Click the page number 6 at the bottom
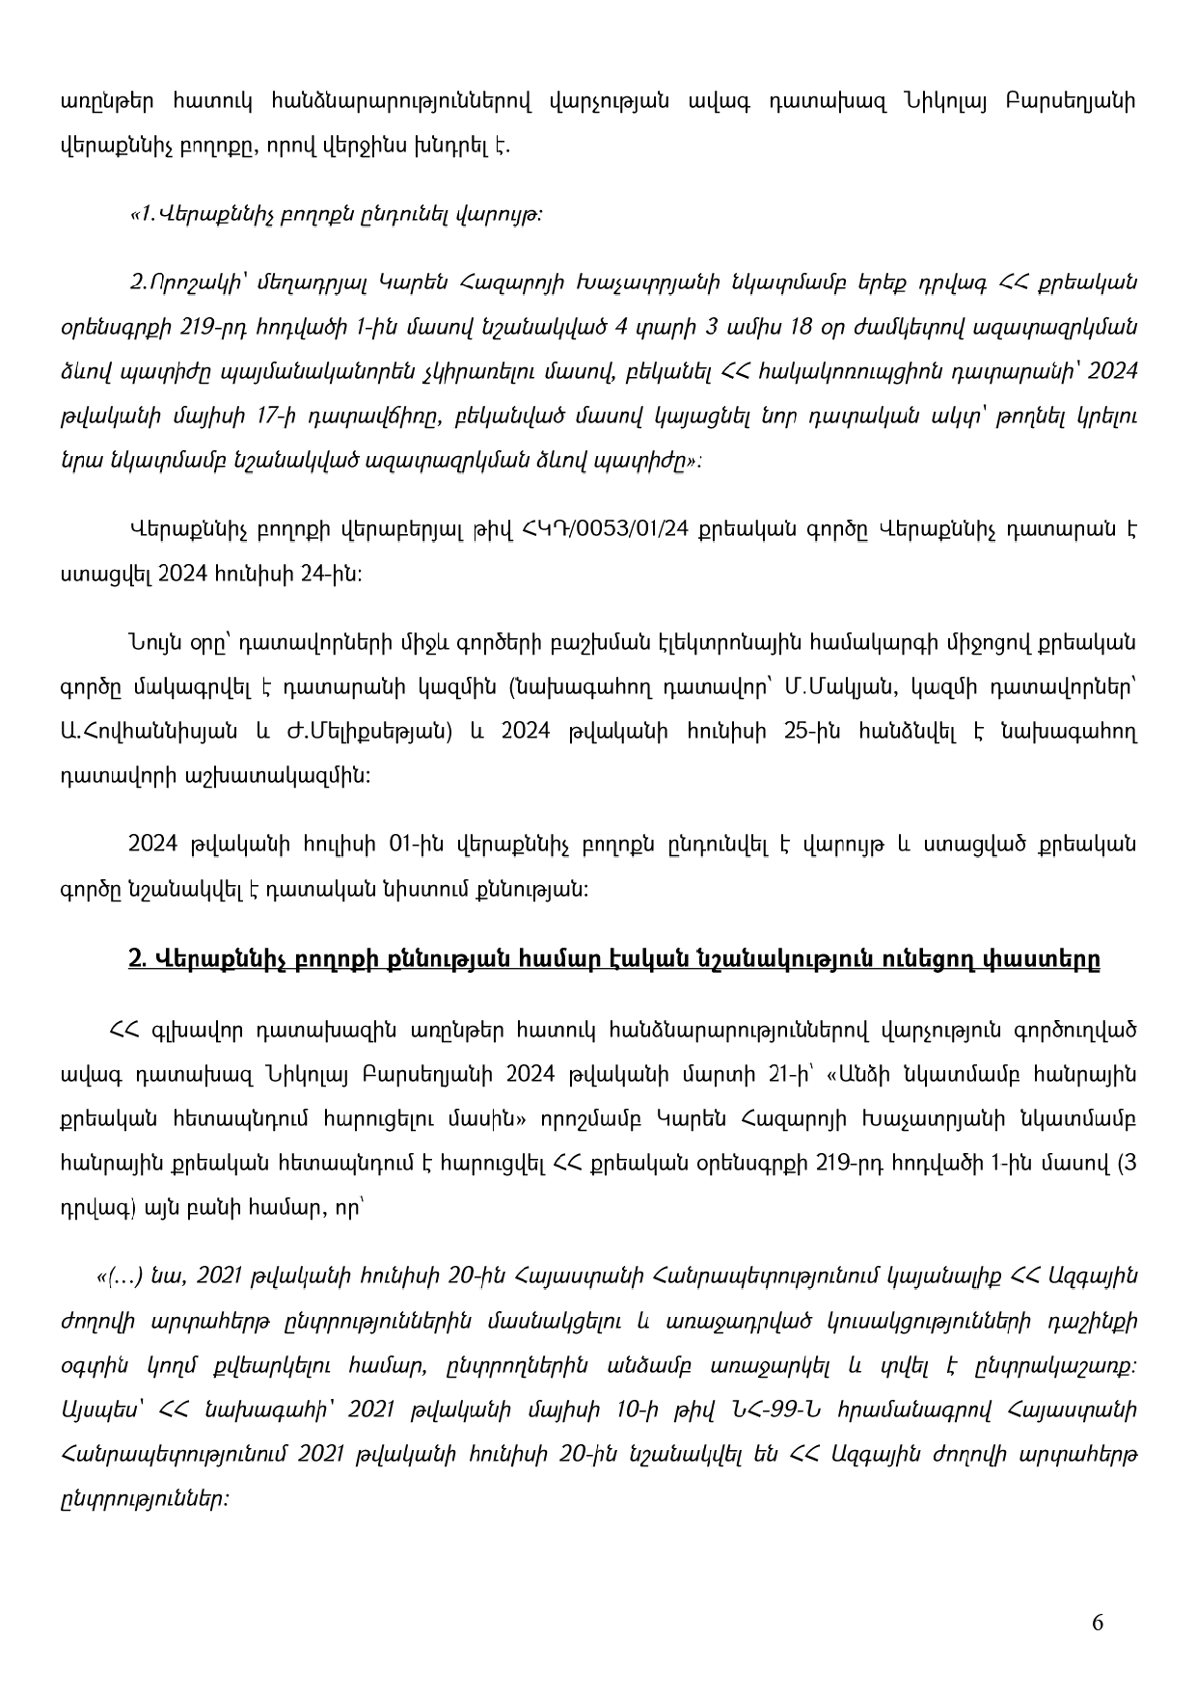click(1098, 1623)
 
